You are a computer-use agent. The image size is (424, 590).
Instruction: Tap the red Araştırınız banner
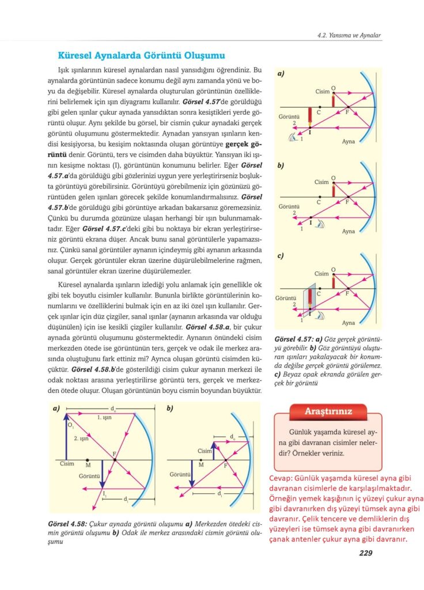click(328, 411)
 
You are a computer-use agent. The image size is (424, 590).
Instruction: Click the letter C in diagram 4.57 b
click(319, 202)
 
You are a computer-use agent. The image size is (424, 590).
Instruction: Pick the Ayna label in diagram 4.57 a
click(349, 141)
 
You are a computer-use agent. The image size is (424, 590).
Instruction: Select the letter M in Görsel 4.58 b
click(201, 464)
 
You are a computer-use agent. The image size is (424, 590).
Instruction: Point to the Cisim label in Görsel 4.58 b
click(205, 451)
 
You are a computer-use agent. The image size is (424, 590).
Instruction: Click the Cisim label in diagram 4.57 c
click(322, 274)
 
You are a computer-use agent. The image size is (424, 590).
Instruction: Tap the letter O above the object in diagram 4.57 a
click(334, 88)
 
